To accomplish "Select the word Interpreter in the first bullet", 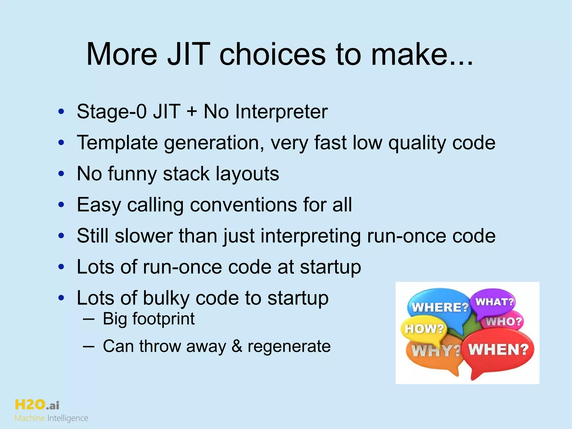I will pos(281,112).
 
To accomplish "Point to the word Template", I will pos(117,143).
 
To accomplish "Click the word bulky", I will pos(166,298).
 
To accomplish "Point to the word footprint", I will pos(163,319).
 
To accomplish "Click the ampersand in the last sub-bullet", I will pos(237,346).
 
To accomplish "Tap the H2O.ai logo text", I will pos(37,405).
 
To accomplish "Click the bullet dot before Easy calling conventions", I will pos(61,205).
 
